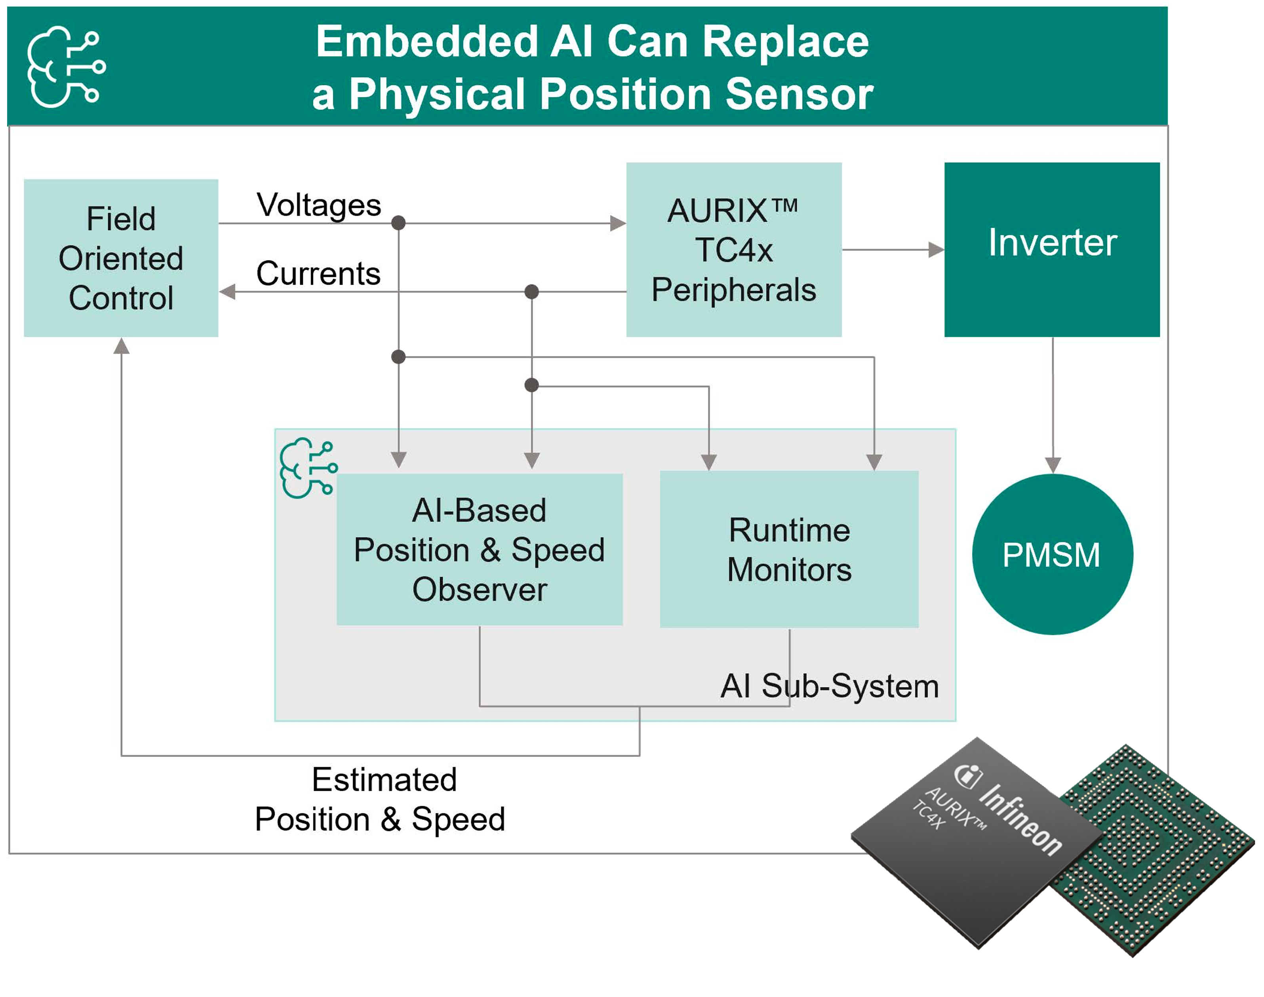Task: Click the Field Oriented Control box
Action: [x=121, y=258]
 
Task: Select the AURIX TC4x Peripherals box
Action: [x=734, y=250]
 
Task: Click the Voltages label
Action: [x=319, y=205]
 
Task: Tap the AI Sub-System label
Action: [x=830, y=686]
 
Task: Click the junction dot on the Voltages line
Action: [x=398, y=222]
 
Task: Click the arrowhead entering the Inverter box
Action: [x=936, y=250]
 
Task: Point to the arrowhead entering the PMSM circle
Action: [x=1053, y=465]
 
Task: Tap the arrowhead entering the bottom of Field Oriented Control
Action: [x=121, y=346]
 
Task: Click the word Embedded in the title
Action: [x=427, y=42]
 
